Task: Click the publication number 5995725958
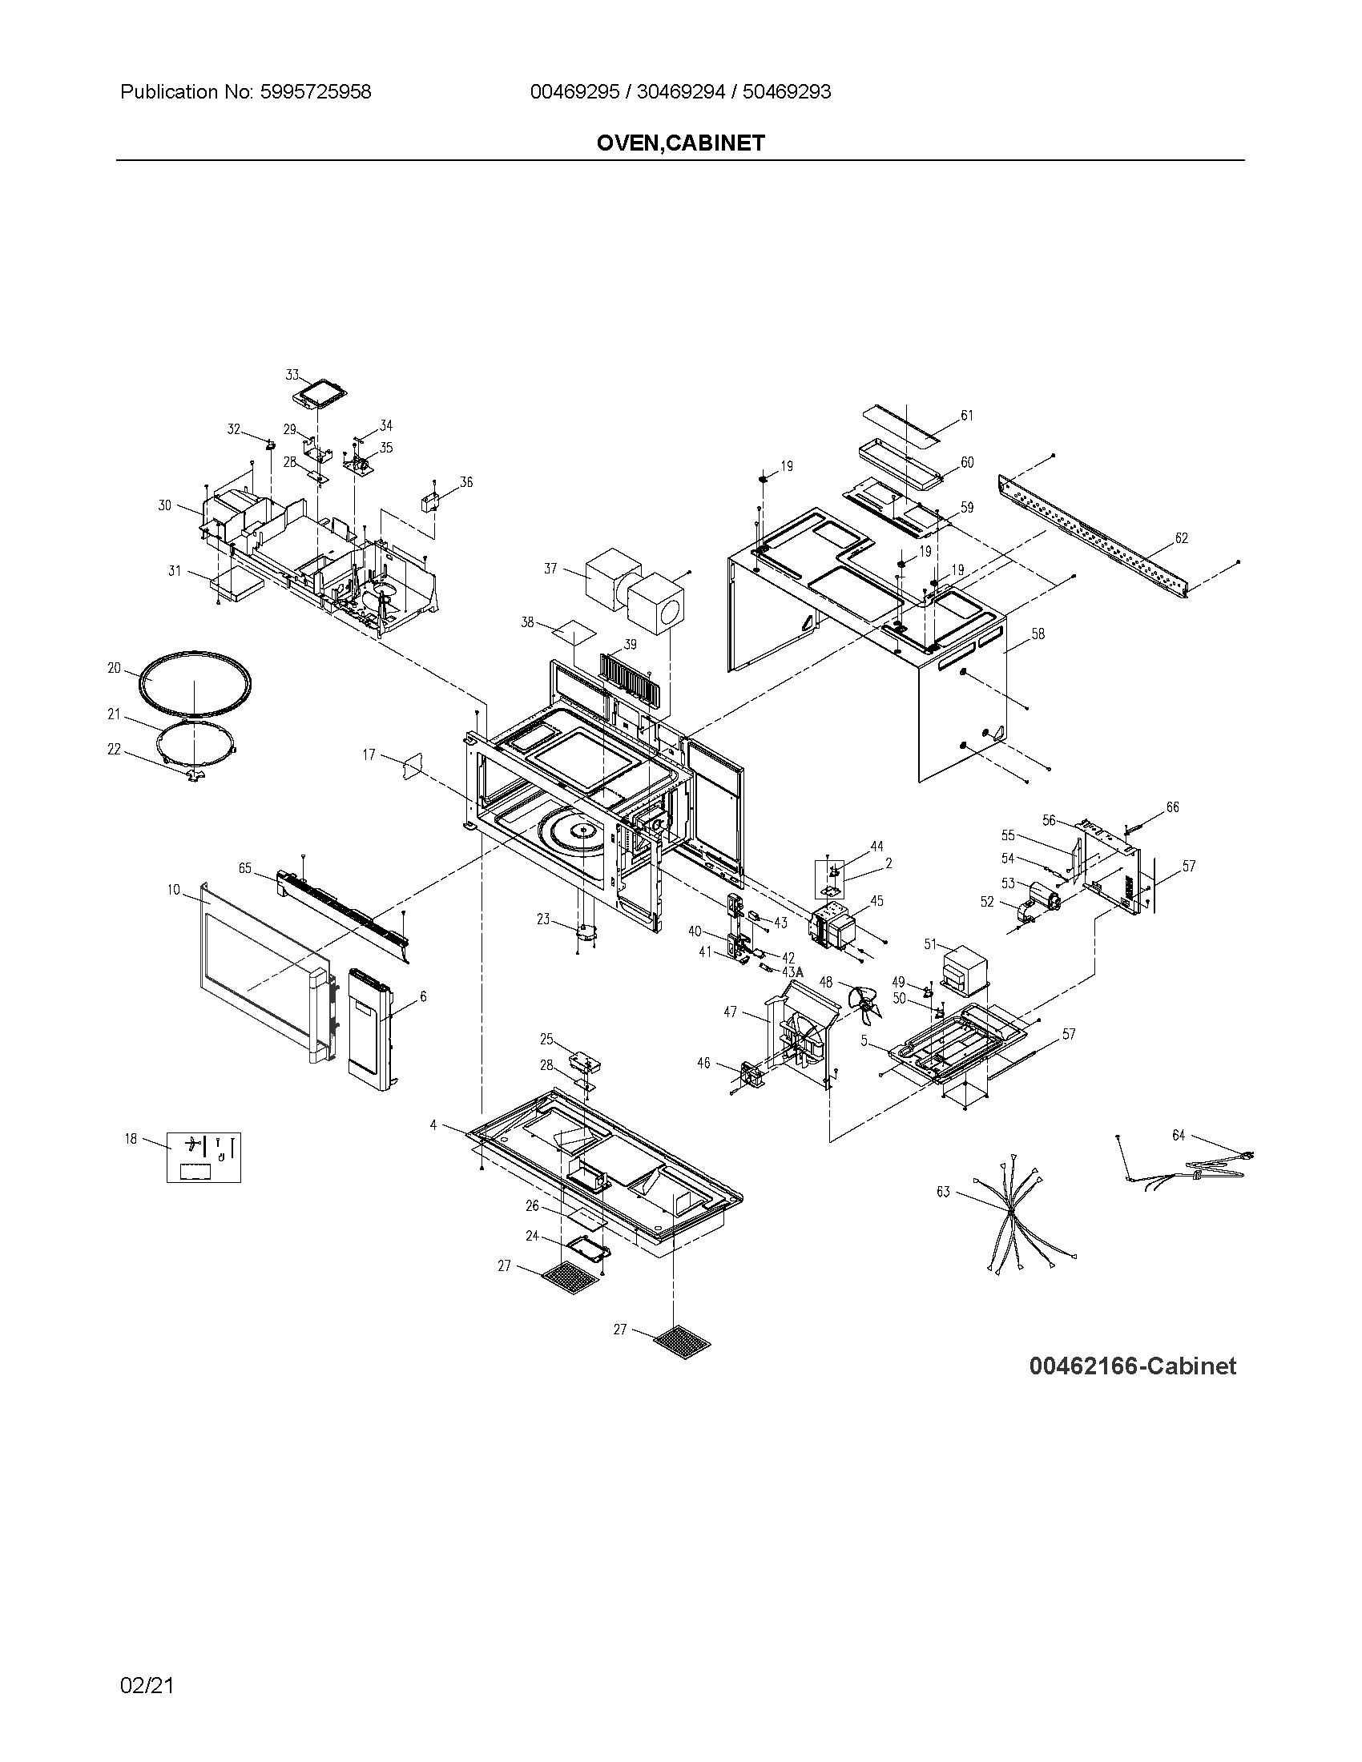coord(315,92)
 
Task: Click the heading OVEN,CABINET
coord(680,143)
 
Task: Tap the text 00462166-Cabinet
coord(1132,1366)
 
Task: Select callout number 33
coord(292,375)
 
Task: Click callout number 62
coord(1181,538)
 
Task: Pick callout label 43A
coord(792,972)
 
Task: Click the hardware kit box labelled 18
coord(203,1158)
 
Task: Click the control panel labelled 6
coord(369,1029)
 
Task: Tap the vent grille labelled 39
coord(634,679)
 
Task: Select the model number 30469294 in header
coord(679,92)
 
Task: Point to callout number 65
coord(245,869)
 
